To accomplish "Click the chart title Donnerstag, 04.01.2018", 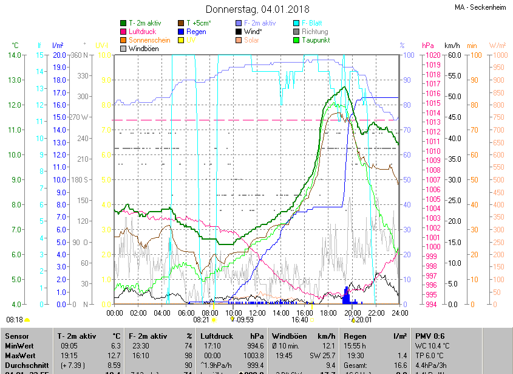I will [x=257, y=9].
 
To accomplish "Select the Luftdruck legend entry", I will [x=145, y=32].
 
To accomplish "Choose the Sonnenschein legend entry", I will [x=149, y=40].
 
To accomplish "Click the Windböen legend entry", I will [x=143, y=49].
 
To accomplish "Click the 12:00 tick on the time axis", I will [x=257, y=313].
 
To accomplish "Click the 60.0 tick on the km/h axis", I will [x=453, y=55].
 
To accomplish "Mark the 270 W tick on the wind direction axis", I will [x=78, y=117].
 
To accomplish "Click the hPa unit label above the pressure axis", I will [x=428, y=46].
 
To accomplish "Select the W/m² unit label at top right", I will [x=497, y=46].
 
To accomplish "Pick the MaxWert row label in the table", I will [x=21, y=356].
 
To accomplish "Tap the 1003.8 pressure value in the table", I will [x=253, y=356].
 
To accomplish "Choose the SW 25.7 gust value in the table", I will [x=322, y=356].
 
